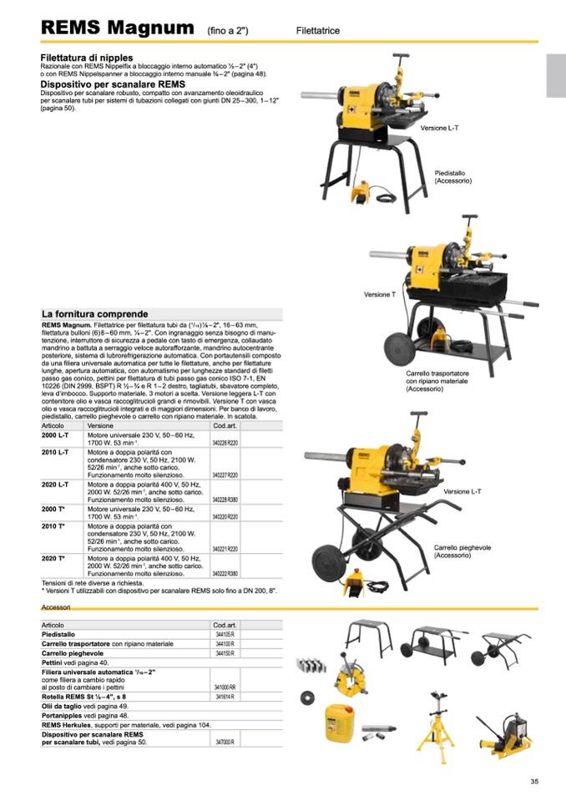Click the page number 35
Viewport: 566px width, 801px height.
click(x=534, y=782)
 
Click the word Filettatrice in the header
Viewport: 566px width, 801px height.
click(x=318, y=31)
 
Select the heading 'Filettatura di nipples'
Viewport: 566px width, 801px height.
click(x=87, y=58)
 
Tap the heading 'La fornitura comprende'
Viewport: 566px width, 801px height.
click(x=94, y=314)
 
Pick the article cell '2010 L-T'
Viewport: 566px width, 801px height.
click(x=55, y=452)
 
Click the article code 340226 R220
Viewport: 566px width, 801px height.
click(x=225, y=443)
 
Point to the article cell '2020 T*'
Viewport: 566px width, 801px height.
click(x=54, y=558)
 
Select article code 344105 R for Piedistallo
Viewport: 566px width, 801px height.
click(x=224, y=635)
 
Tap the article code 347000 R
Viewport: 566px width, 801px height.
click(x=225, y=742)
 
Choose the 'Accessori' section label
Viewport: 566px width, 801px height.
click(x=57, y=608)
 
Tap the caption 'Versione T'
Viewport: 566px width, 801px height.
click(x=379, y=295)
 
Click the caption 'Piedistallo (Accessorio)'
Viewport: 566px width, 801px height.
click(x=450, y=177)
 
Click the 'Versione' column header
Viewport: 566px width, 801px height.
click(x=100, y=426)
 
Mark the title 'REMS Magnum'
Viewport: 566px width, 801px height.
click(x=118, y=28)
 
